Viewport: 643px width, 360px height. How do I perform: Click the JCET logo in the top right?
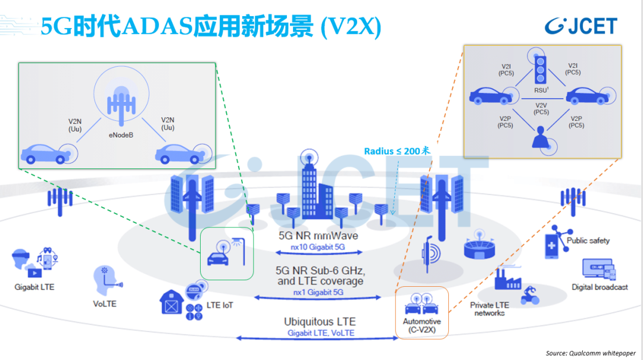[x=581, y=26]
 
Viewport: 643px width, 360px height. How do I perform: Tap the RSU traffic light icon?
[x=541, y=70]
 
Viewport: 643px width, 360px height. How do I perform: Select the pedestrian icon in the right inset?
[x=541, y=136]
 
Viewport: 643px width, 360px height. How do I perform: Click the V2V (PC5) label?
[x=541, y=108]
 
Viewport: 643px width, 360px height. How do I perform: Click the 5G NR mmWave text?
[x=319, y=236]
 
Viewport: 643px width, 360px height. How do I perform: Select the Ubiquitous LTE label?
[x=320, y=322]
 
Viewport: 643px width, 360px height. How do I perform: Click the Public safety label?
[x=588, y=241]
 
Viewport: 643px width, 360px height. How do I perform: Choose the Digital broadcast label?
[x=600, y=287]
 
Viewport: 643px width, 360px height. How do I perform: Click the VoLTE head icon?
[x=105, y=279]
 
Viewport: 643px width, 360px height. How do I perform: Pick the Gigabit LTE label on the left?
[x=35, y=287]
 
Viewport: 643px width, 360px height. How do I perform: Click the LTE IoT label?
[x=220, y=305]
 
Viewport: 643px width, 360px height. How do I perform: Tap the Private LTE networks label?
[x=489, y=309]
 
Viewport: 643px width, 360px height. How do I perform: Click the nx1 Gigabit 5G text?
[x=319, y=292]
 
